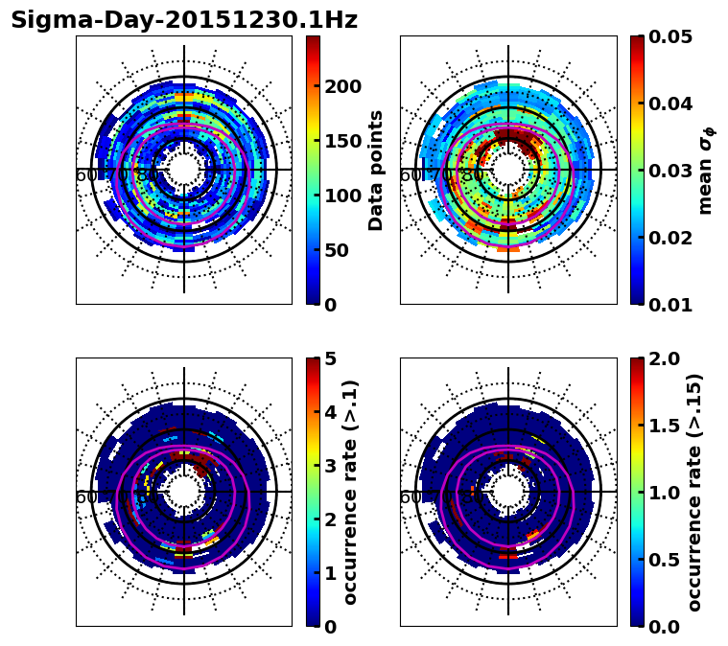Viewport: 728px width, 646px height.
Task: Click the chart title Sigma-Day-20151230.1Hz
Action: (x=184, y=20)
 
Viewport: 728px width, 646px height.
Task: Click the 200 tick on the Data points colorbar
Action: (x=343, y=86)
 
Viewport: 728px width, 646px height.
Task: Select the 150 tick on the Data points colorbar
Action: (x=343, y=141)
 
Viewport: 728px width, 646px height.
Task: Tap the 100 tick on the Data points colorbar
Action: (x=343, y=196)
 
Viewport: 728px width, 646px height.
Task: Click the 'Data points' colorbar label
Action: (x=376, y=170)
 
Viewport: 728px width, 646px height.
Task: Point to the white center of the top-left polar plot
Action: (x=184, y=171)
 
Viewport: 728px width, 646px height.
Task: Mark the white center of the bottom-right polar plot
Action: (x=508, y=493)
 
